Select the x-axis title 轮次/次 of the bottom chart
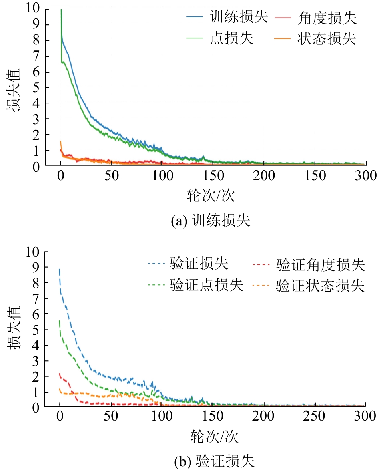click(213, 437)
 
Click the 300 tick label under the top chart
click(366, 175)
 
